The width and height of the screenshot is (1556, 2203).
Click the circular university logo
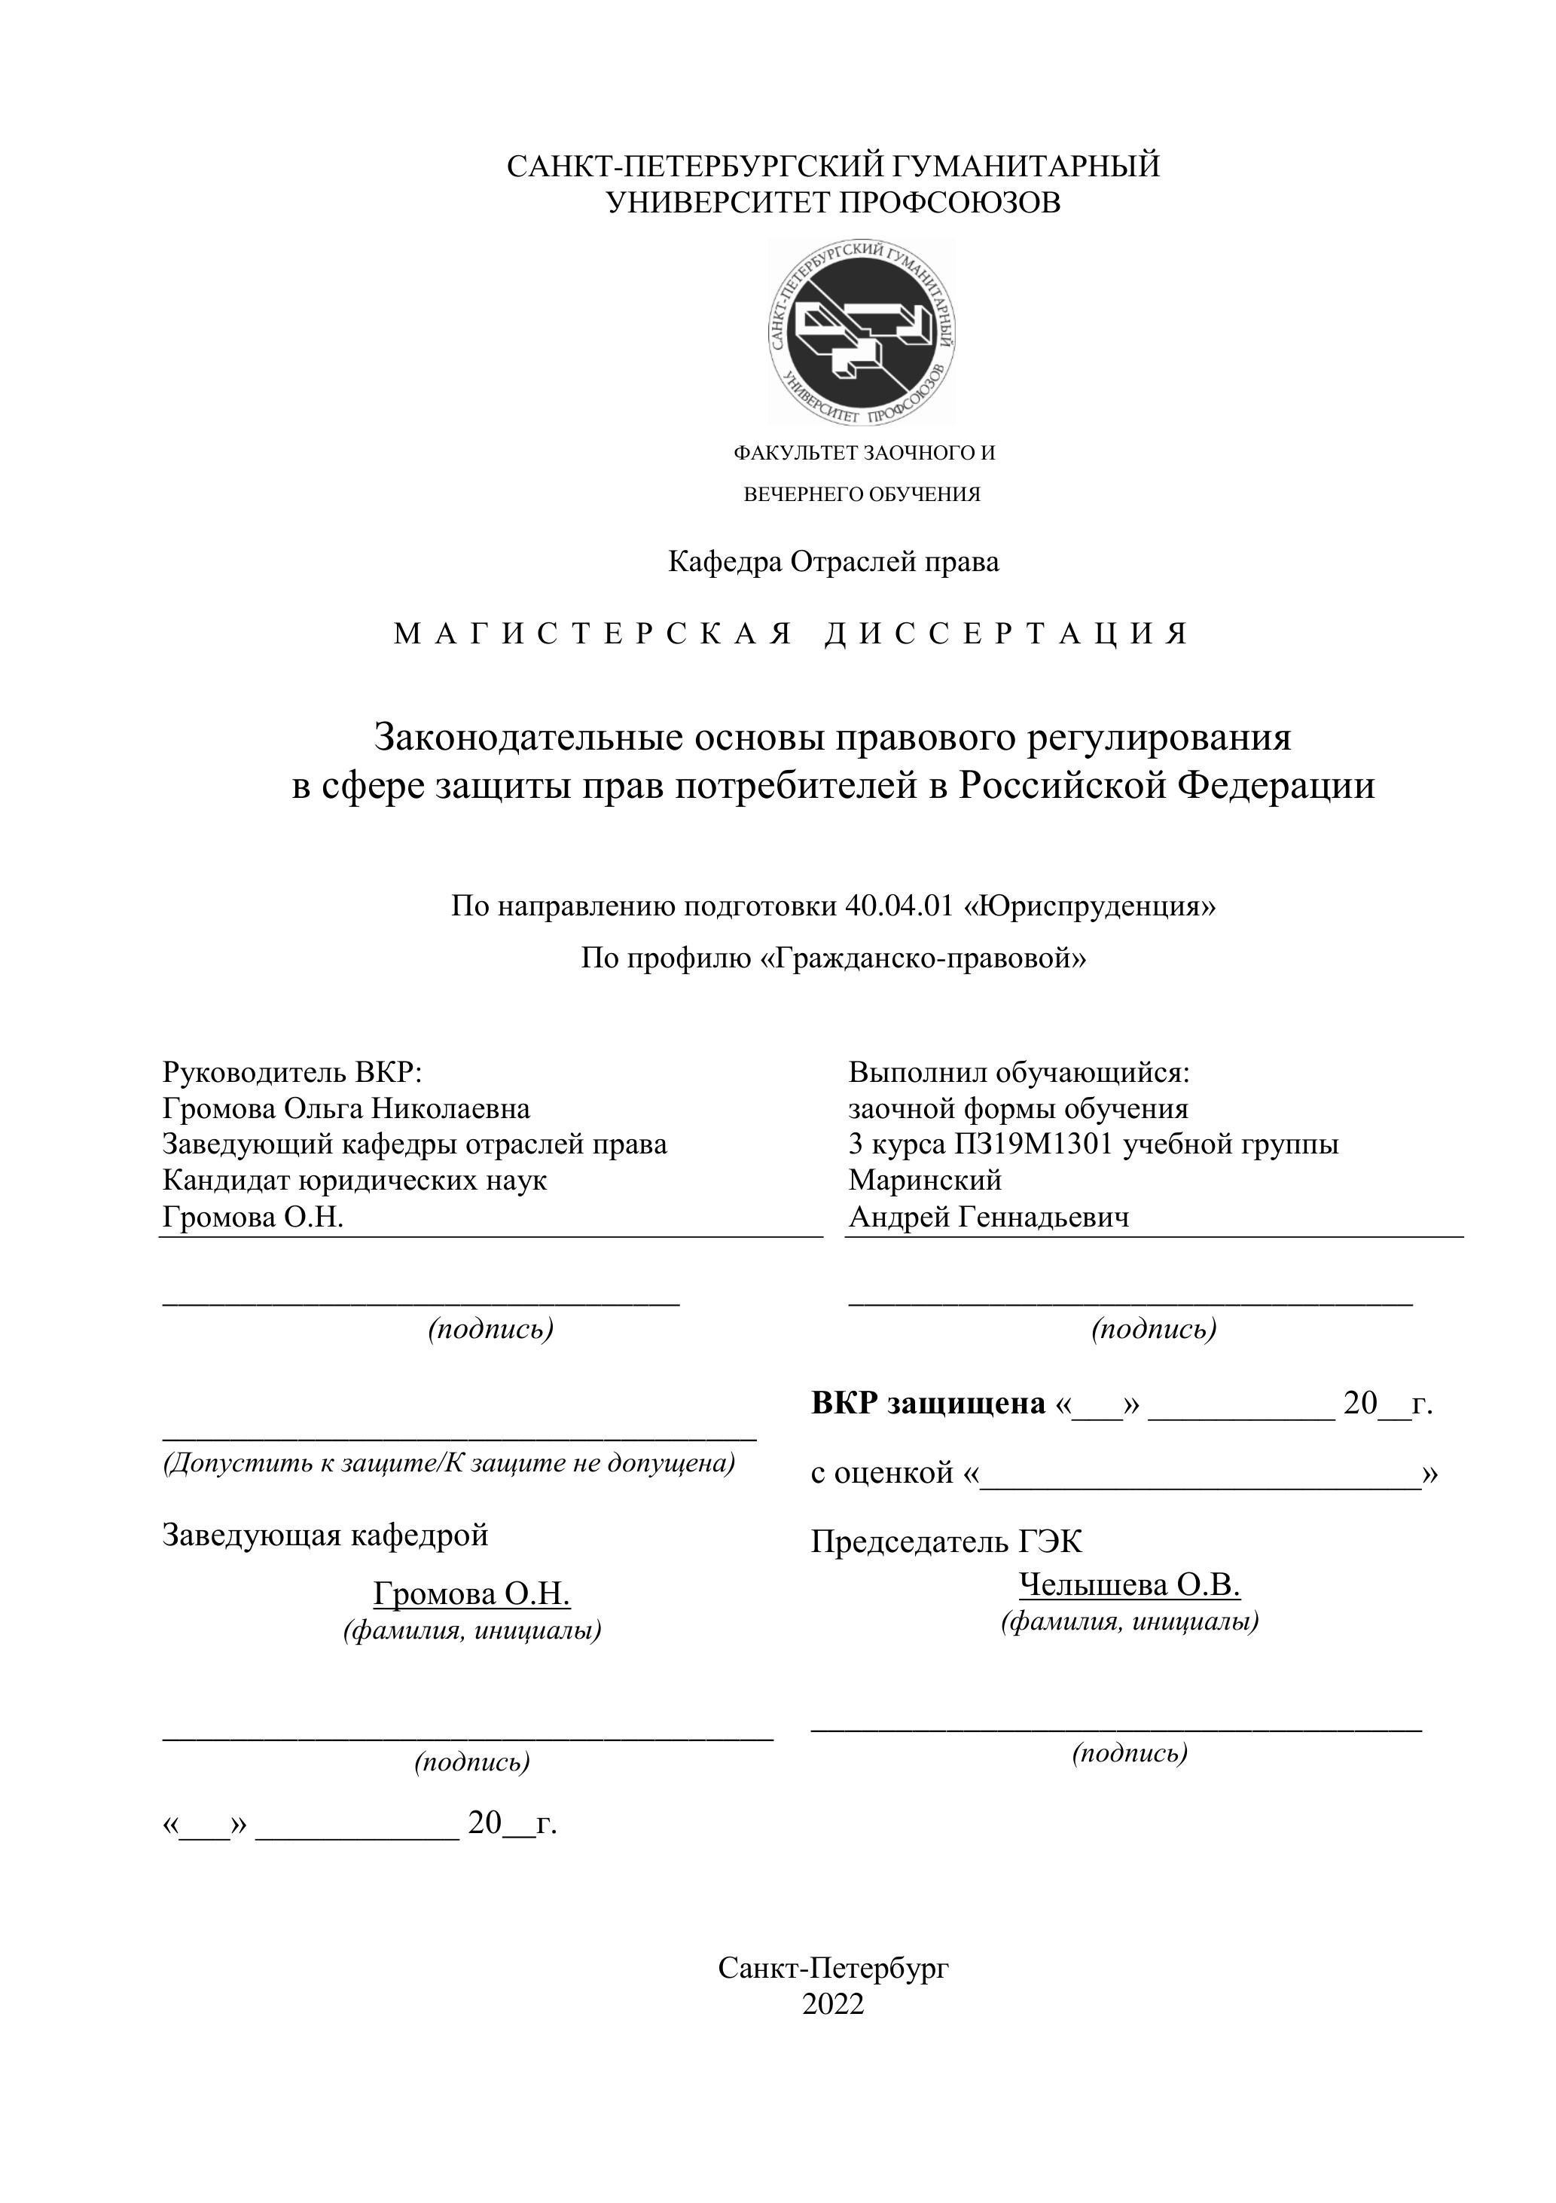(862, 332)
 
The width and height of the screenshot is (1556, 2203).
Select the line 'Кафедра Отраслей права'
(833, 561)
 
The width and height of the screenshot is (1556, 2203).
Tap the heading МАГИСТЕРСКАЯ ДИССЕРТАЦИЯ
(791, 634)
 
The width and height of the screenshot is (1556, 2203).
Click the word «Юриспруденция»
(1089, 906)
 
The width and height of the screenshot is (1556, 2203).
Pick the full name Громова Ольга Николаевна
(346, 1108)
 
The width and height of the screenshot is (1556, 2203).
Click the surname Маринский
(925, 1179)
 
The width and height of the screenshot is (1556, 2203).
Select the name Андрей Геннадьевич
(988, 1217)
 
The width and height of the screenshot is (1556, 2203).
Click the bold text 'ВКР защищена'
(928, 1403)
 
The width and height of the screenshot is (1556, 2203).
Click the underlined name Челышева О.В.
(1129, 1585)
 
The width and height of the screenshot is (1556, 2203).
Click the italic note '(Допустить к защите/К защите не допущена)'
(449, 1463)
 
